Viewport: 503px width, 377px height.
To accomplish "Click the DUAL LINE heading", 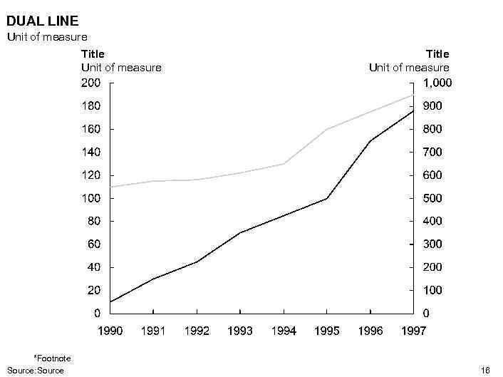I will tap(42, 21).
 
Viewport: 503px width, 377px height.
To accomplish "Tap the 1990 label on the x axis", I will tap(110, 331).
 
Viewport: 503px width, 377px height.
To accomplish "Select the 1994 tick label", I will tap(284, 331).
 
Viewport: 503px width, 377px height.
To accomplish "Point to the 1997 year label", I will tap(414, 331).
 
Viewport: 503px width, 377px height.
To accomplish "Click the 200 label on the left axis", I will tap(91, 83).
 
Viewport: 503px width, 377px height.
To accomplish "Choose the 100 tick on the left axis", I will tap(91, 198).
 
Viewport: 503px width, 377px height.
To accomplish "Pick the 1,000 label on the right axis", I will tap(437, 83).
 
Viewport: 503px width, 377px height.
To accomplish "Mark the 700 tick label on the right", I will tap(434, 152).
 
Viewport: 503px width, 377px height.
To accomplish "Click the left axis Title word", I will tap(93, 53).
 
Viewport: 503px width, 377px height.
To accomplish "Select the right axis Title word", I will tap(437, 53).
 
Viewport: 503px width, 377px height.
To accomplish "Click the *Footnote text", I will tap(52, 358).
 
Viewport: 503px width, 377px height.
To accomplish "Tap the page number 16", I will tap(486, 371).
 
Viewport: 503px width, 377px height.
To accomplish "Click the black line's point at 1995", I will tap(327, 198).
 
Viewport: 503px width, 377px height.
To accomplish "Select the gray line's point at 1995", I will tap(327, 129).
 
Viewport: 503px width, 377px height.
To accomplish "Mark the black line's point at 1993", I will tap(240, 232).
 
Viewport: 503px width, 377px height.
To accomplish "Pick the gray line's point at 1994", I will tap(284, 164).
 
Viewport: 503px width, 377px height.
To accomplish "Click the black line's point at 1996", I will tap(370, 140).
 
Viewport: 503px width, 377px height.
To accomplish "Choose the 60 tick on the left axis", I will tap(94, 244).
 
